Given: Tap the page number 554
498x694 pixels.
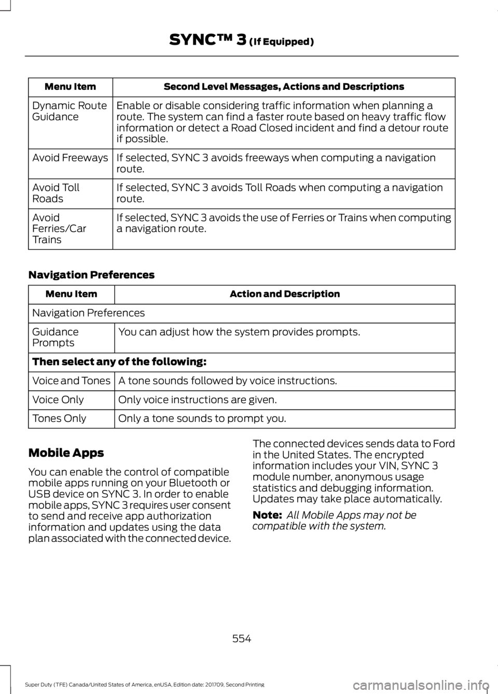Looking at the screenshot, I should point(242,639).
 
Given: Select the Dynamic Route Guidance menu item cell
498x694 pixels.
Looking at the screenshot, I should point(70,111).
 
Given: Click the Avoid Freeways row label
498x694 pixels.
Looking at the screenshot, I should point(70,158).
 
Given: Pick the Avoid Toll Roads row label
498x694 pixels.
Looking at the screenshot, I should point(56,193).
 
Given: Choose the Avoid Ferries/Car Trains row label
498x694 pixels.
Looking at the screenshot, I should point(59,228).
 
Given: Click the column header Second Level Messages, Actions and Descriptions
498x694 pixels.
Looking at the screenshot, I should point(283,87).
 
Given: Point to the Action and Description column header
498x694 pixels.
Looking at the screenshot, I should point(284,294).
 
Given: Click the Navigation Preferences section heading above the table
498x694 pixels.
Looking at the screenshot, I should point(91,275).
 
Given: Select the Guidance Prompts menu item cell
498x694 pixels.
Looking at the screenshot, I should point(56,337).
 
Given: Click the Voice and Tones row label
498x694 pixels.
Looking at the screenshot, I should point(71,381).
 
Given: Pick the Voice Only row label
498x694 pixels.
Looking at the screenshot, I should point(58,400).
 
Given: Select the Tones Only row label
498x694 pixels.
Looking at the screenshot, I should point(59,418).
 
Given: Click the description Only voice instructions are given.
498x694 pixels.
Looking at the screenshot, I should point(197,400).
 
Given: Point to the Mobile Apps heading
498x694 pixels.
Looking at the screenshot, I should point(66,453).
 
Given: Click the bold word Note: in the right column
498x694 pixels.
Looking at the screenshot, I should point(267,515).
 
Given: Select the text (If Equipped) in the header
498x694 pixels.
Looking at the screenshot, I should point(281,41).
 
